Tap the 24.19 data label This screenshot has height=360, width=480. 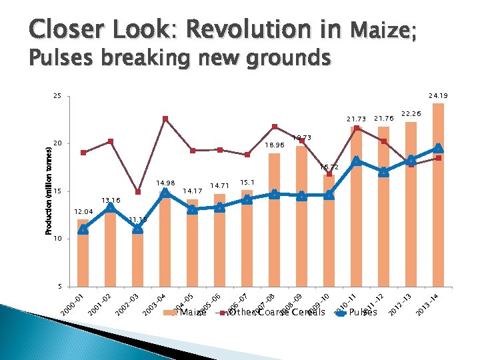(x=438, y=96)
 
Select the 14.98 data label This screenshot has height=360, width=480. (x=165, y=183)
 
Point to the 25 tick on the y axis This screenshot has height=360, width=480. (x=57, y=97)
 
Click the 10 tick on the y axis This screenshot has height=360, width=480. (x=57, y=239)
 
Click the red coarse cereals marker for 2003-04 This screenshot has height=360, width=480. (x=165, y=119)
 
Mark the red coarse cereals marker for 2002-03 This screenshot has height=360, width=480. (x=137, y=192)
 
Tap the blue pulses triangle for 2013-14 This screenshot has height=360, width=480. (x=438, y=148)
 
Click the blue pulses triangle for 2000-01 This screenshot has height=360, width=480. (x=83, y=229)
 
